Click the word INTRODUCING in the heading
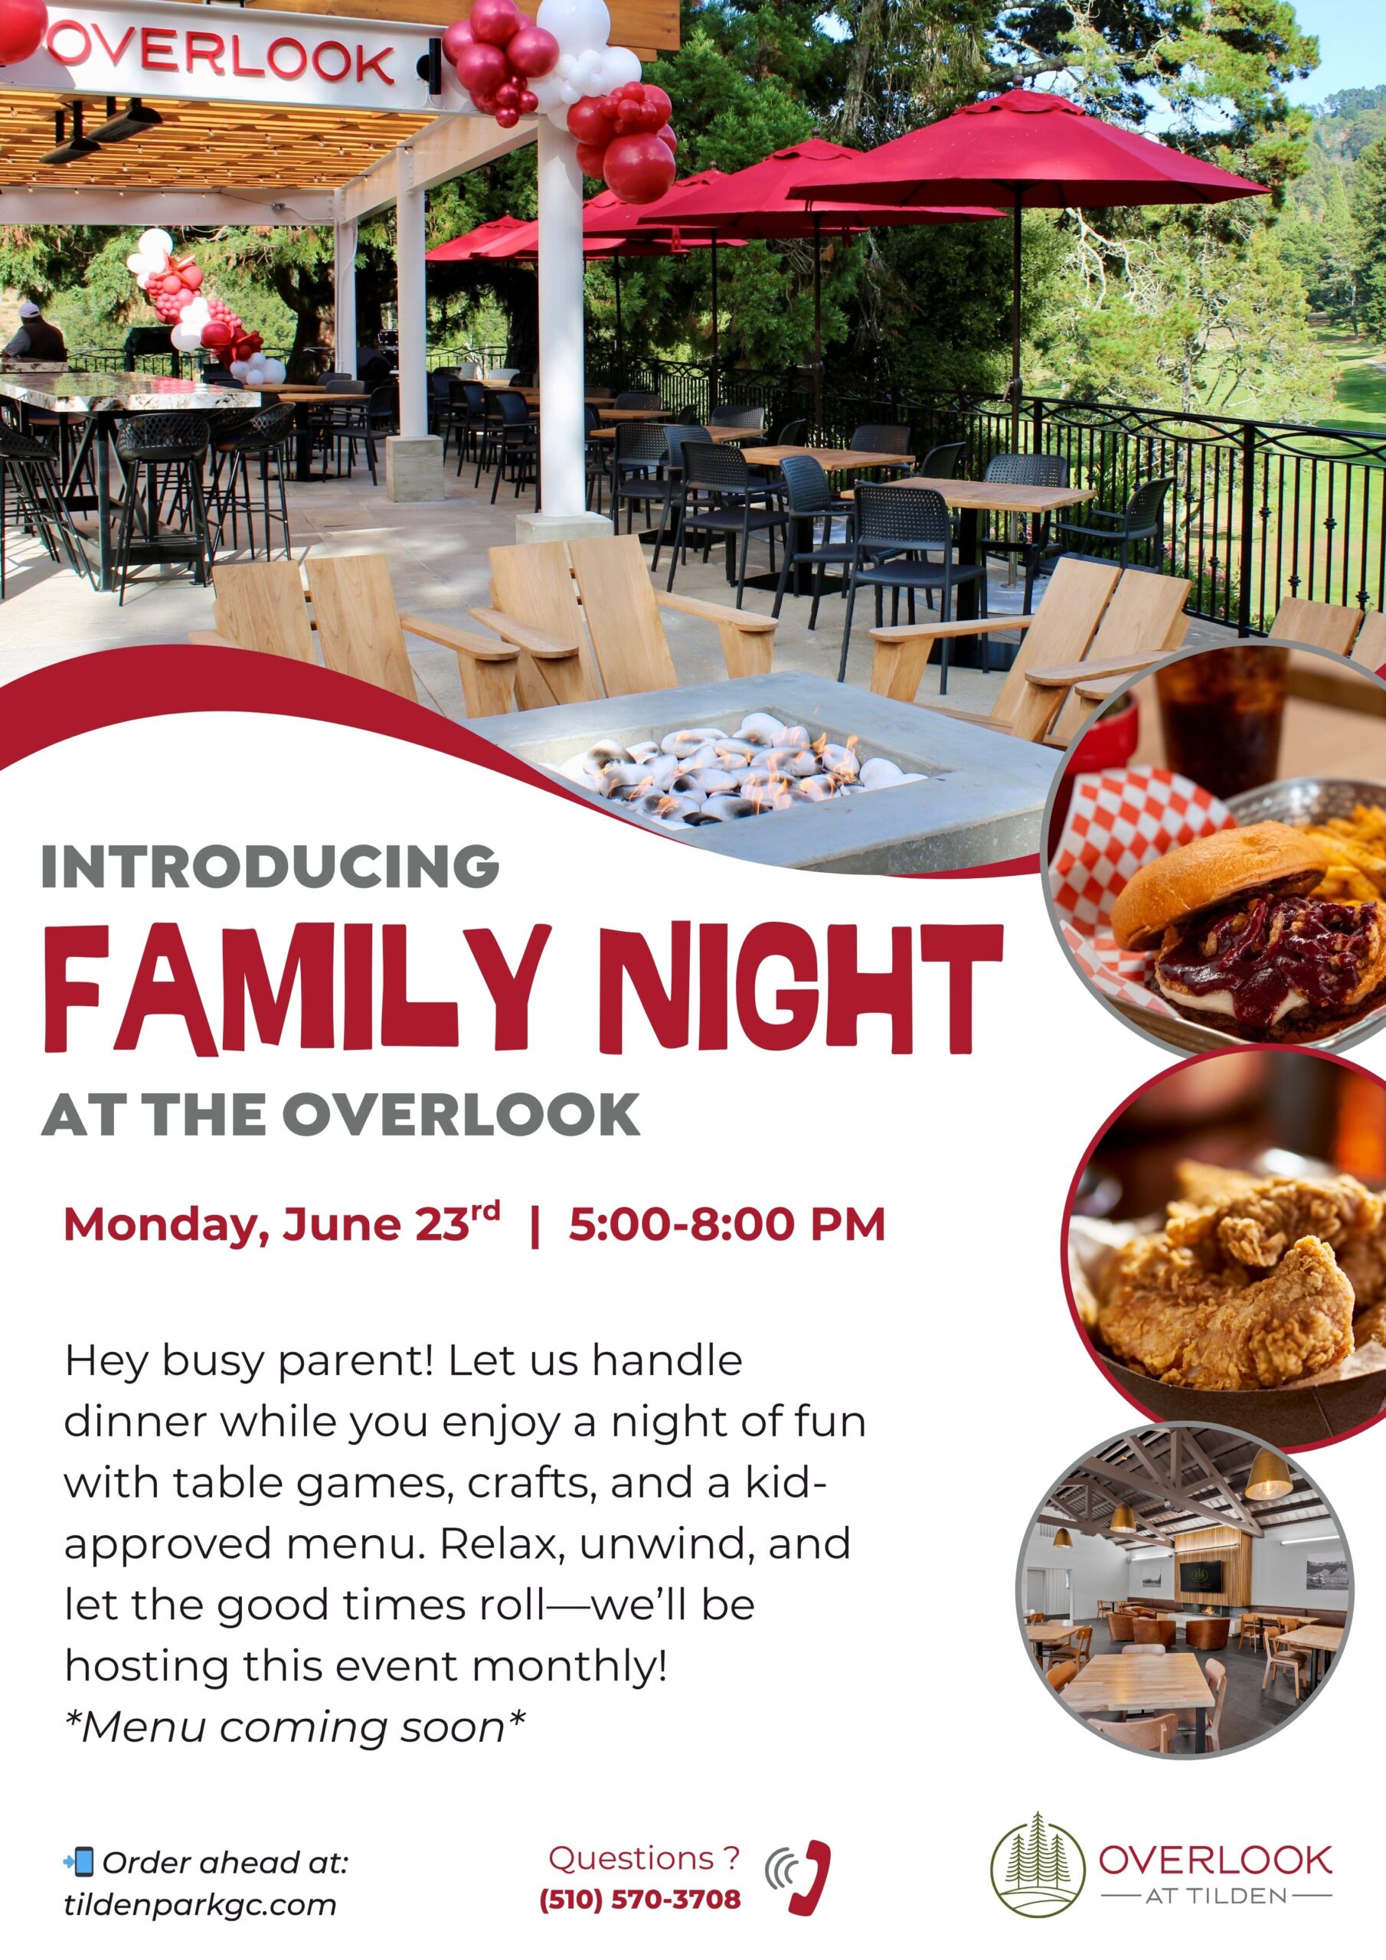tap(270, 867)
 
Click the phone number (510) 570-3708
tap(639, 1900)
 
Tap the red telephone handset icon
tap(808, 1877)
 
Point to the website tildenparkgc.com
tap(200, 1906)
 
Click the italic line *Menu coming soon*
tap(295, 1727)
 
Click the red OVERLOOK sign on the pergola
tap(222, 54)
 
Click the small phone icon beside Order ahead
tap(80, 1862)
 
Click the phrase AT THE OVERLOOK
tap(341, 1115)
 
